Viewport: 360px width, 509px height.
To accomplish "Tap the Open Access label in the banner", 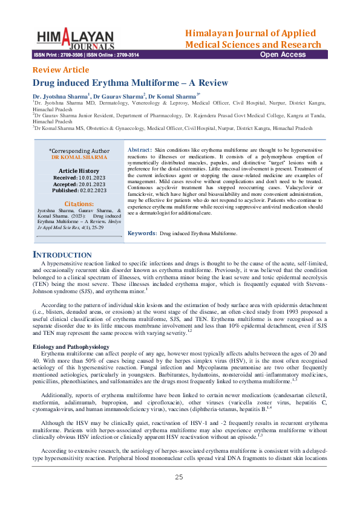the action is (283, 54).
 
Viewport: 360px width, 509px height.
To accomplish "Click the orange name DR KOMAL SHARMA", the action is (79, 157).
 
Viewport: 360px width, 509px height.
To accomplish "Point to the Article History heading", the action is (79, 171).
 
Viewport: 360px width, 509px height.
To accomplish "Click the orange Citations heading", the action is (79, 204).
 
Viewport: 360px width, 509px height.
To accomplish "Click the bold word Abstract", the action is (140, 149).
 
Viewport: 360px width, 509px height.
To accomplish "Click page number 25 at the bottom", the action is (179, 494).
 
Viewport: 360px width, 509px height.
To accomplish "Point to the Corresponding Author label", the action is (79, 151).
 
